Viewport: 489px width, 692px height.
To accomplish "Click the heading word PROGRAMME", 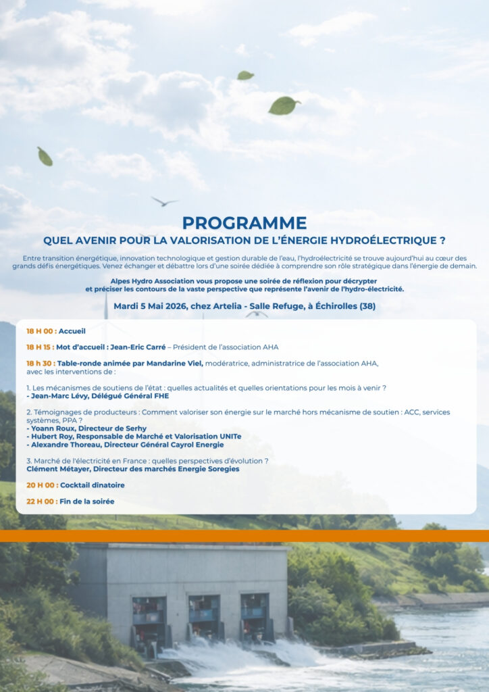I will click(x=244, y=222).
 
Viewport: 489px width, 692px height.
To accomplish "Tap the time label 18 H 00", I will click(x=41, y=331).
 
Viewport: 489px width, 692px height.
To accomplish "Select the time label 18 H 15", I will click(x=41, y=347).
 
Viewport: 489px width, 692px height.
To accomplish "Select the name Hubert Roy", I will click(x=53, y=437).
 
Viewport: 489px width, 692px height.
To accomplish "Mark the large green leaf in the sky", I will click(x=284, y=105).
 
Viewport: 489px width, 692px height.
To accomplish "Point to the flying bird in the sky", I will click(x=164, y=201).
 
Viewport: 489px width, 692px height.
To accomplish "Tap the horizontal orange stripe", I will click(x=244, y=536).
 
